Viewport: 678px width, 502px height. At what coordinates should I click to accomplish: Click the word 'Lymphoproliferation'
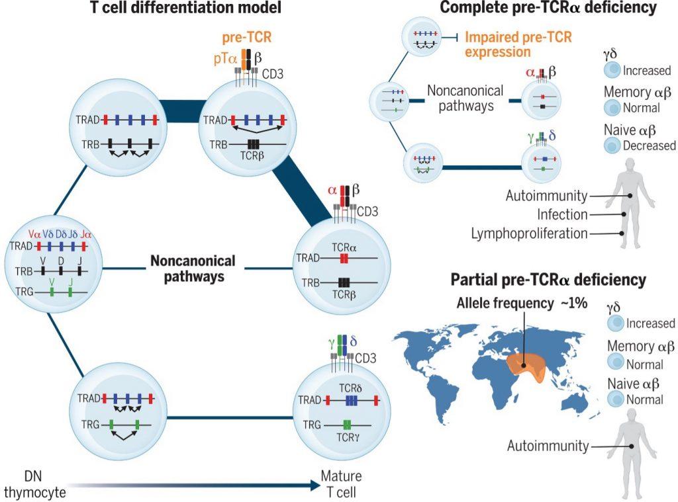pos(520,233)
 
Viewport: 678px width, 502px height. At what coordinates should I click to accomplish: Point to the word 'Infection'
pos(562,214)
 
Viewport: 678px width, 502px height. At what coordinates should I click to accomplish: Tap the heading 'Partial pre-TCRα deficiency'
pos(548,280)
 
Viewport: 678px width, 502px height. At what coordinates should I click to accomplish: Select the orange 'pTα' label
pos(223,60)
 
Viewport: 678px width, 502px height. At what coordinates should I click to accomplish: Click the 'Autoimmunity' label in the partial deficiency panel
pos(548,446)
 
